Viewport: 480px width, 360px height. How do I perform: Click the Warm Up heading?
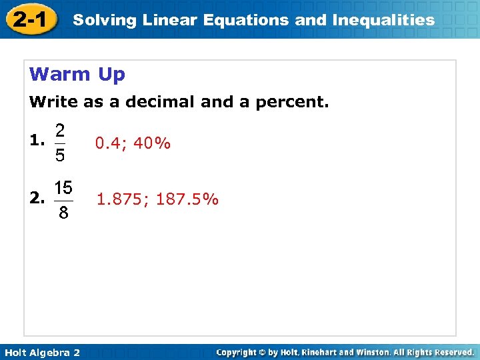point(77,74)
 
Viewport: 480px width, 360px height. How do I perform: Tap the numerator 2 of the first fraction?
point(60,129)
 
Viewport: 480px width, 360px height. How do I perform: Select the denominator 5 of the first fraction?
point(60,156)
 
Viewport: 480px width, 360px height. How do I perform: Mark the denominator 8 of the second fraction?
point(63,213)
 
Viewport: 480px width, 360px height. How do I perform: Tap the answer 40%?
point(152,143)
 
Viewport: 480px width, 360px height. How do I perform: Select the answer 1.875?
point(122,199)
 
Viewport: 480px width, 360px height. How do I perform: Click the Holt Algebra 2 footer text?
point(41,352)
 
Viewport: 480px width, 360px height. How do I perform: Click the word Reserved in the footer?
point(451,352)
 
